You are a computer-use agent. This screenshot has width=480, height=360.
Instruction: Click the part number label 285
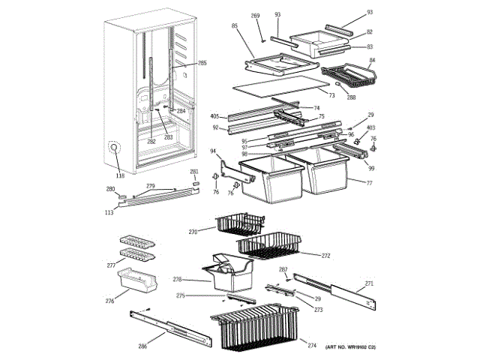coord(202,64)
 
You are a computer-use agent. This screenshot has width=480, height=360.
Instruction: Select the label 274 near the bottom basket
coord(312,345)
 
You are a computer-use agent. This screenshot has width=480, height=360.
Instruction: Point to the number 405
coord(214,116)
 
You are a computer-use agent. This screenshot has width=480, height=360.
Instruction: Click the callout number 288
coord(352,97)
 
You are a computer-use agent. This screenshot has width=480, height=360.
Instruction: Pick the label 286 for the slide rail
coord(142,346)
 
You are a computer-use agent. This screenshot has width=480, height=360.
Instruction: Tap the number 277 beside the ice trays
coord(111,265)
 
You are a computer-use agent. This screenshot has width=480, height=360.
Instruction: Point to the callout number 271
coord(369,283)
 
